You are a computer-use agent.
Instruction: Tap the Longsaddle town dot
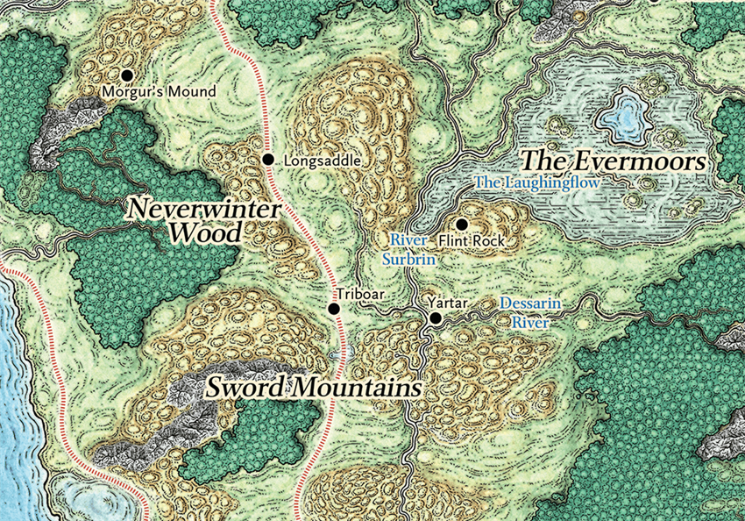pos(268,159)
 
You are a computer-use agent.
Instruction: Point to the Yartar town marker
pos(435,318)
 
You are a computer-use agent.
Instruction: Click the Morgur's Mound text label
pos(158,91)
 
